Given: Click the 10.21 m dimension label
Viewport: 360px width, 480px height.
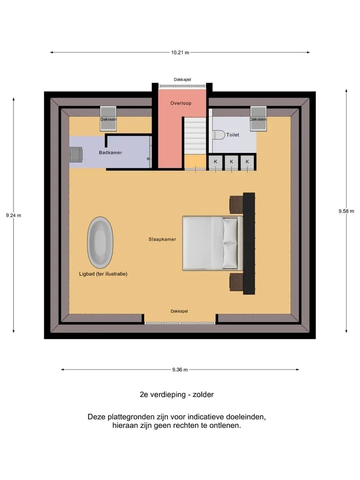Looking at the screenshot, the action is pos(180,52).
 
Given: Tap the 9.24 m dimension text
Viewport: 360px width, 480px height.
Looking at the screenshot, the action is pos(13,215).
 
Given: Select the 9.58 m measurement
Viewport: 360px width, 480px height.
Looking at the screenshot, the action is pos(346,211).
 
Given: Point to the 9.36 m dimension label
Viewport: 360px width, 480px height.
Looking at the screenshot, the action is pos(180,369).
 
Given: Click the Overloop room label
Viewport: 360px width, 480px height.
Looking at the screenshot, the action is pos(181,103).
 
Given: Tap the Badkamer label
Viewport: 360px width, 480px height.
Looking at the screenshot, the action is pos(110,152).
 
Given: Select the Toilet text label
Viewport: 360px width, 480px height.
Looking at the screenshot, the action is pos(232,134).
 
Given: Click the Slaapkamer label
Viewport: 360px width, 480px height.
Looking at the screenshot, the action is pos(162,239).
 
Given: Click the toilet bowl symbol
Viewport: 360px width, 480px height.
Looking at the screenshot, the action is pos(218,135).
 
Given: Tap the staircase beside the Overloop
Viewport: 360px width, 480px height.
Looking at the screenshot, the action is pos(195,135).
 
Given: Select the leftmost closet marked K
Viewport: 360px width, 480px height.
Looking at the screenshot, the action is pos(215,162).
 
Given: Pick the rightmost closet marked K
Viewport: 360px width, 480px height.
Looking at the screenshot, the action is pos(247,162).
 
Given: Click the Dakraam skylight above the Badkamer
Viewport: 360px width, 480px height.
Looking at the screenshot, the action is pos(108,119).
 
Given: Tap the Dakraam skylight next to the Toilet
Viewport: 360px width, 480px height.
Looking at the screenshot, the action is pos(258,119).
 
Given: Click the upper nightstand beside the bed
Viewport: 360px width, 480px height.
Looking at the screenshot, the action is pos(236,204).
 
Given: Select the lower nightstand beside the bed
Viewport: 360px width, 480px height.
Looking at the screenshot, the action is pos(236,282).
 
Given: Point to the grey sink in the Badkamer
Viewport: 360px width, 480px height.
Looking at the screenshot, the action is pos(76,154).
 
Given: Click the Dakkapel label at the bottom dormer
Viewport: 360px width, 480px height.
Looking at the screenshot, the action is pos(179,311).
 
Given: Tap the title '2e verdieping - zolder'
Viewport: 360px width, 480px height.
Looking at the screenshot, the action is pos(176,394).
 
